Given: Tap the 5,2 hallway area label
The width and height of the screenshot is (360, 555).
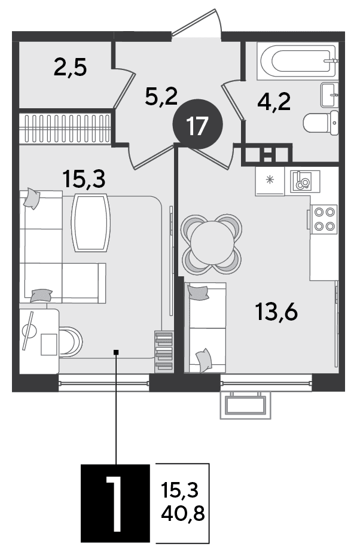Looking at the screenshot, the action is [161, 96].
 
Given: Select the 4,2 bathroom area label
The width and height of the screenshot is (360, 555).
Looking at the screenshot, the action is [274, 102].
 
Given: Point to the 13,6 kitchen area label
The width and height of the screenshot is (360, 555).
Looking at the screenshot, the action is [276, 312].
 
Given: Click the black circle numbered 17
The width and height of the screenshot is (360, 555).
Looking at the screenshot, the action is [197, 124].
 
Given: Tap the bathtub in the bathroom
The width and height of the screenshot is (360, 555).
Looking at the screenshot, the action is [298, 60].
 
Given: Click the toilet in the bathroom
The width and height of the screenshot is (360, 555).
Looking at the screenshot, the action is [321, 123].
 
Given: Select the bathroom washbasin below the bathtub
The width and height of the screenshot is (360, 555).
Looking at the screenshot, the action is [330, 95].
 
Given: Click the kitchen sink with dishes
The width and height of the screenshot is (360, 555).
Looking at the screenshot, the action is [305, 181].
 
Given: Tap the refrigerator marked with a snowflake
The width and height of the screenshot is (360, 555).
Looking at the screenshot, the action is [270, 181].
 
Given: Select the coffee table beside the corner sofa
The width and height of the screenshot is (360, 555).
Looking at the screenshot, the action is [91, 222].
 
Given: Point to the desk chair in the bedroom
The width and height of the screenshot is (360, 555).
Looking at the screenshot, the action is [71, 342].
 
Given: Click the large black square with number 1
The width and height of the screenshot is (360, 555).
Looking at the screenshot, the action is [115, 503].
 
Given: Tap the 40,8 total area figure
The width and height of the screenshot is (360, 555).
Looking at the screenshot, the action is [183, 513].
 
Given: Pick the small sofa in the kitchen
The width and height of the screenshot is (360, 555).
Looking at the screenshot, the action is [205, 327].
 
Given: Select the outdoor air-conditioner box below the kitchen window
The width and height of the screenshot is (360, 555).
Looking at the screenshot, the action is [246, 405].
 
